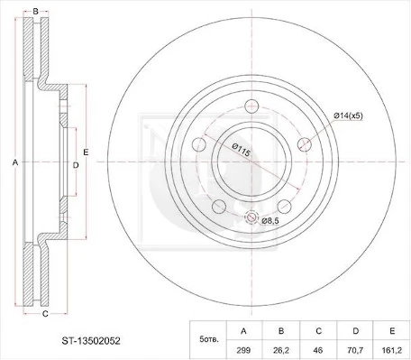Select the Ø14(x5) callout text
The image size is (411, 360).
[x=347, y=115]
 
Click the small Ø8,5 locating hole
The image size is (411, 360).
[x=251, y=217]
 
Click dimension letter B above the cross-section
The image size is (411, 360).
[x=34, y=12]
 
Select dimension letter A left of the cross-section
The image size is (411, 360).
[x=14, y=162]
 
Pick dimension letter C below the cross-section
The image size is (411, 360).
[x=44, y=313]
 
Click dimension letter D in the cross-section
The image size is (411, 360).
[x=76, y=165]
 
